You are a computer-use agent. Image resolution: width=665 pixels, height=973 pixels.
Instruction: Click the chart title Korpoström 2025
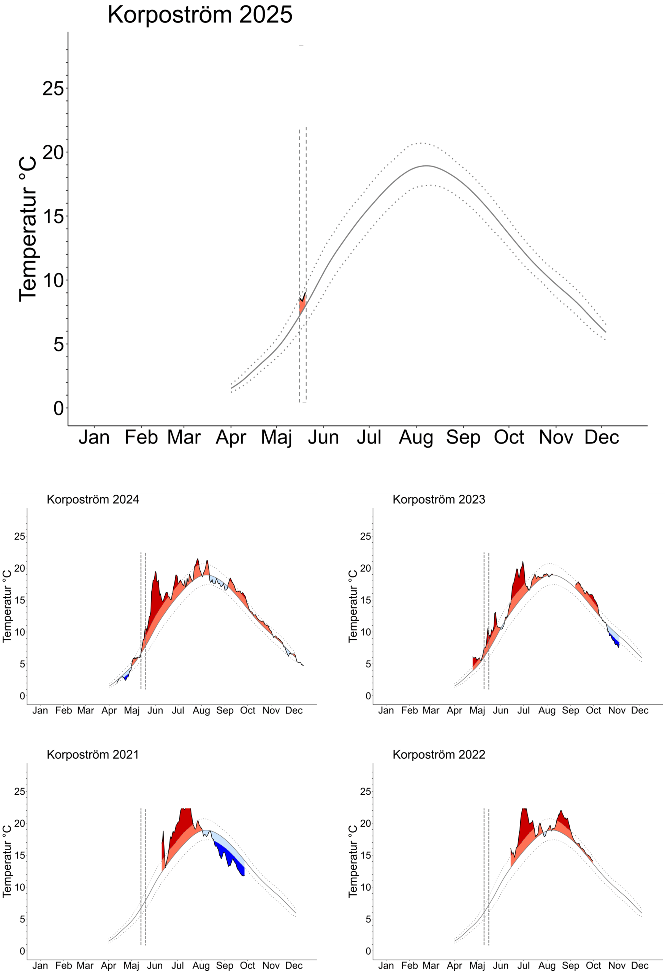coord(199,15)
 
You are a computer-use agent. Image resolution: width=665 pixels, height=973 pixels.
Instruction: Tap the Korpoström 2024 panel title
coord(93,499)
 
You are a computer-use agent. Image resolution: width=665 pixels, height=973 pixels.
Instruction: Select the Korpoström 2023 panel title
coord(439,499)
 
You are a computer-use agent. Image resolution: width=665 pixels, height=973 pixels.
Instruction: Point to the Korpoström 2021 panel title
coord(93,754)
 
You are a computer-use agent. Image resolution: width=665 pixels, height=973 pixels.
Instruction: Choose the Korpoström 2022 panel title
coord(439,754)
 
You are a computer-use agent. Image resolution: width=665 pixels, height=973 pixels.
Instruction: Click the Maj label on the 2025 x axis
coord(276,437)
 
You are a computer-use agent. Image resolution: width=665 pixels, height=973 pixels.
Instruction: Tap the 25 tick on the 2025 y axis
coord(53,89)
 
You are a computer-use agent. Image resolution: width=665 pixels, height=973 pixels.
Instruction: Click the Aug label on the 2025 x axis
coord(416,437)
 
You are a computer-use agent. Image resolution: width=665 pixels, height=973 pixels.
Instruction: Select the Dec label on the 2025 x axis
coord(602,437)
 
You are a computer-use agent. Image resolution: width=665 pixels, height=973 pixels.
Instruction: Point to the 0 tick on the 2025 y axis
coord(59,408)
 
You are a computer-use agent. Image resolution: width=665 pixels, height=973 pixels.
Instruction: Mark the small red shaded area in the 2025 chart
coord(302,304)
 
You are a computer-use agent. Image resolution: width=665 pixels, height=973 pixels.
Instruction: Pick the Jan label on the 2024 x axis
coord(40,710)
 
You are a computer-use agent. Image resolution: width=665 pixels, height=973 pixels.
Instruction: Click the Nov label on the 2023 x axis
coord(617,710)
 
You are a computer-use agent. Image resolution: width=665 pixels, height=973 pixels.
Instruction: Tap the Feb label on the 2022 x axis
coord(409,965)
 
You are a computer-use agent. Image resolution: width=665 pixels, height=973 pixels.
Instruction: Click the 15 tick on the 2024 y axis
coord(20,601)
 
